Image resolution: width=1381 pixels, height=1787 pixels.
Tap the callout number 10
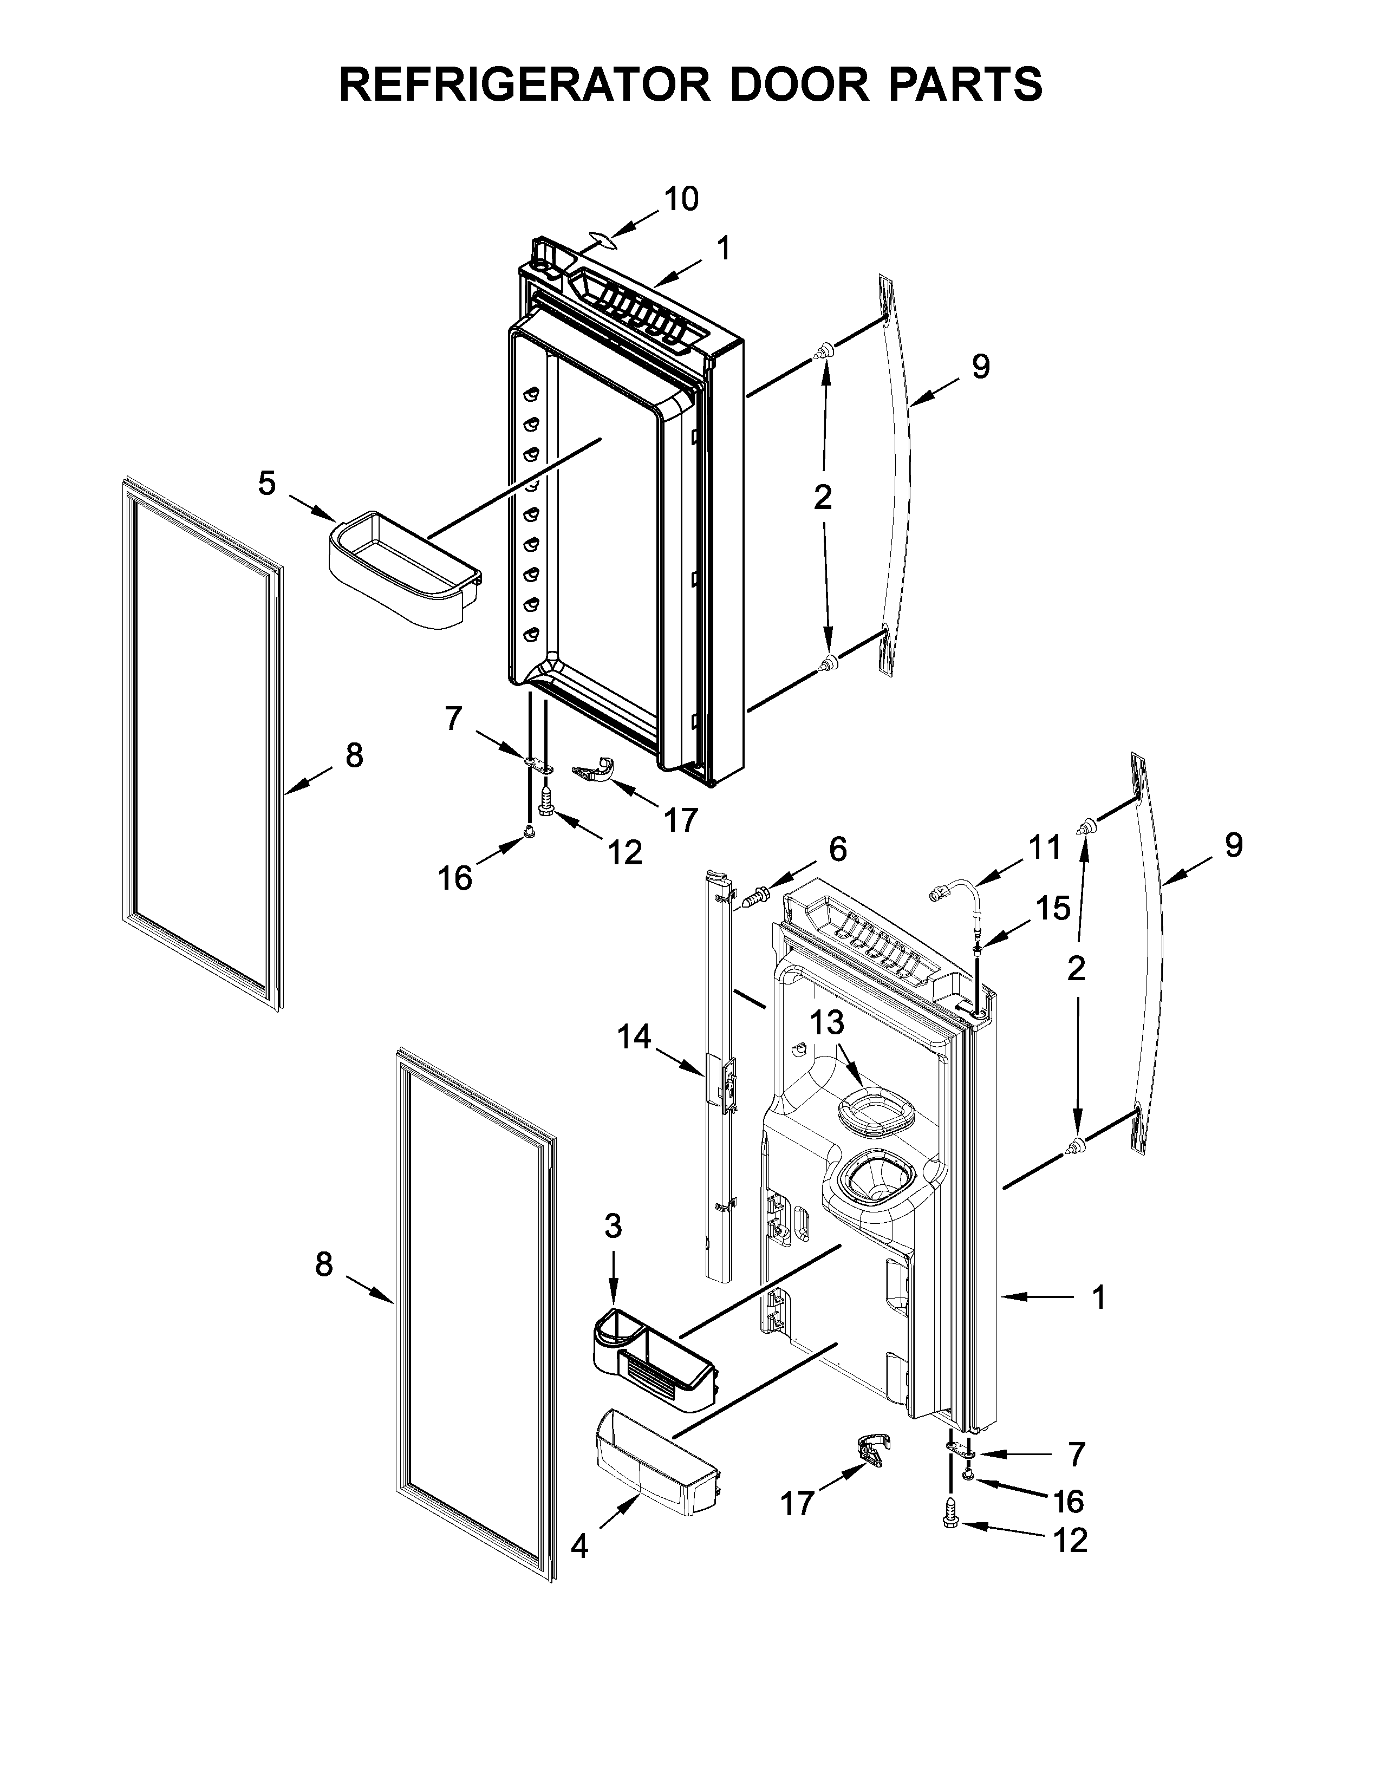[x=681, y=199]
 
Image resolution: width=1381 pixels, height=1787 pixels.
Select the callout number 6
[x=838, y=849]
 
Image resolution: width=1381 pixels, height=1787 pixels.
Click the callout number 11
[x=1044, y=847]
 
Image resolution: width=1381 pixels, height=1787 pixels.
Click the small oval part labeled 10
[x=601, y=239]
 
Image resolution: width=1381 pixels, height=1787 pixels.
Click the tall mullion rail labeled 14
[x=718, y=1072]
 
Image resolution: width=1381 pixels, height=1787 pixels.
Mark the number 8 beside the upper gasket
[x=354, y=755]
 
